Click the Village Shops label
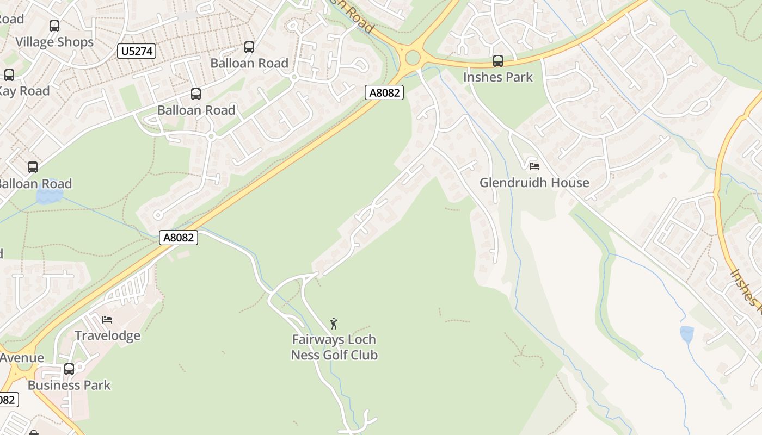pos(54,42)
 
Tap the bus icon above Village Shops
pos(54,26)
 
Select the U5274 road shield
pos(137,51)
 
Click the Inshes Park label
pos(498,77)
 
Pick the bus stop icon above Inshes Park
pos(498,60)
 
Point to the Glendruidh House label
pos(534,182)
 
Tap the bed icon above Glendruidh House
pos(534,166)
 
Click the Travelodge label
pos(107,335)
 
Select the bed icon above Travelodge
pos(107,319)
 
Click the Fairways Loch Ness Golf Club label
pos(334,347)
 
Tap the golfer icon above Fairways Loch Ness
pos(334,324)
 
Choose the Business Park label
pos(69,385)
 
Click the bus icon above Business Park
pos(69,369)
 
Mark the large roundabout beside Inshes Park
pos(413,57)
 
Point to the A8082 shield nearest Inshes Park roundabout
pos(385,92)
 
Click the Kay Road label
pos(24,91)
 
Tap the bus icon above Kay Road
pos(9,75)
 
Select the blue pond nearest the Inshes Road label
pos(687,334)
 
